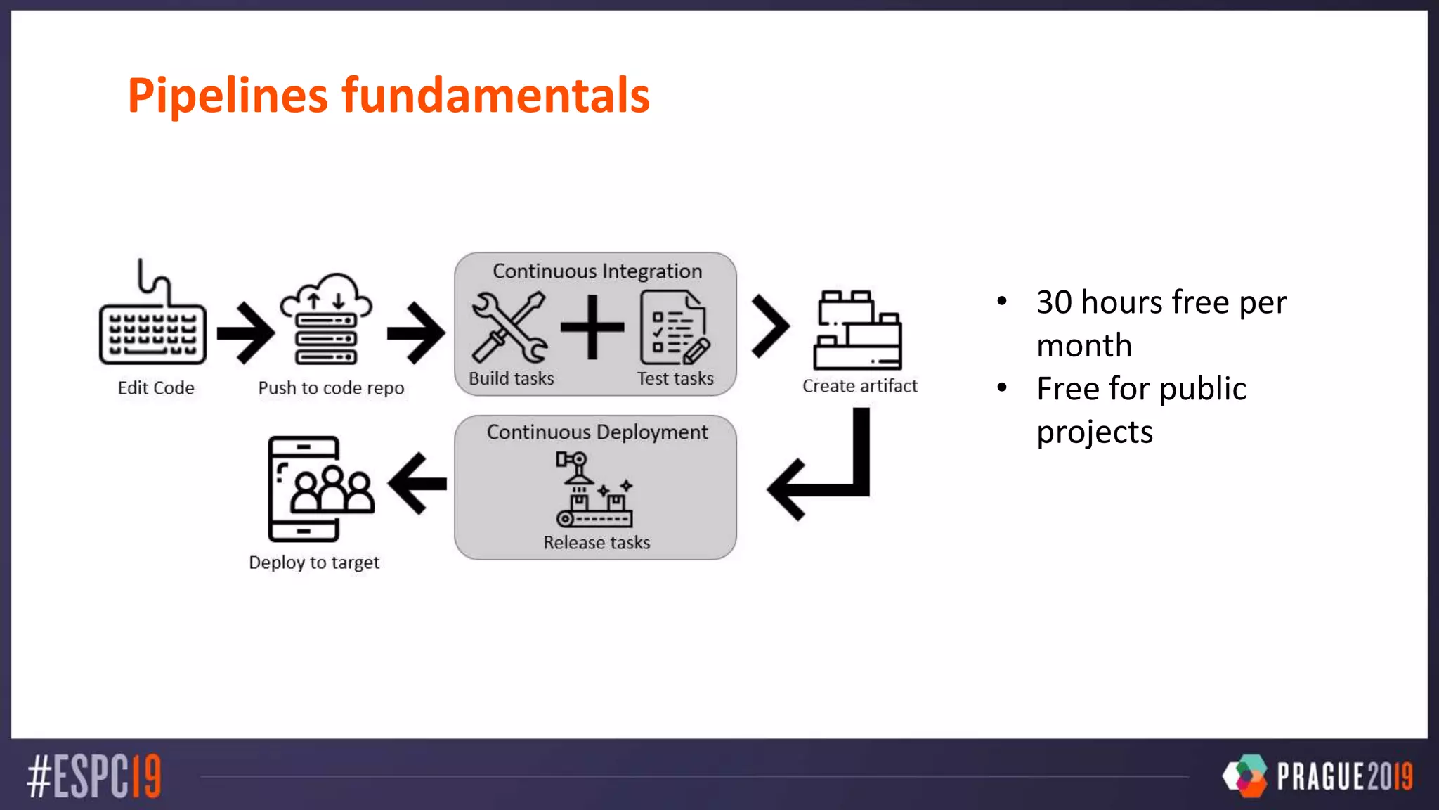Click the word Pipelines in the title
click(228, 96)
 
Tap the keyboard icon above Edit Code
click(152, 330)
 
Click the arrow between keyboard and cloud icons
click(245, 333)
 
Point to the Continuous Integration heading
click(597, 271)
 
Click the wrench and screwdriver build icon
click(509, 328)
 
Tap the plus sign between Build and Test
click(592, 327)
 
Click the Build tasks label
click(511, 378)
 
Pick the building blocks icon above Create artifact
click(858, 330)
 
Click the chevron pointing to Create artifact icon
click(770, 326)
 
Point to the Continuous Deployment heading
click(597, 432)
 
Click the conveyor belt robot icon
click(594, 489)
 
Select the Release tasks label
click(597, 543)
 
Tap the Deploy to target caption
click(314, 562)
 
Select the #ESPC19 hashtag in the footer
click(94, 776)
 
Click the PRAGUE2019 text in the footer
click(1344, 776)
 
